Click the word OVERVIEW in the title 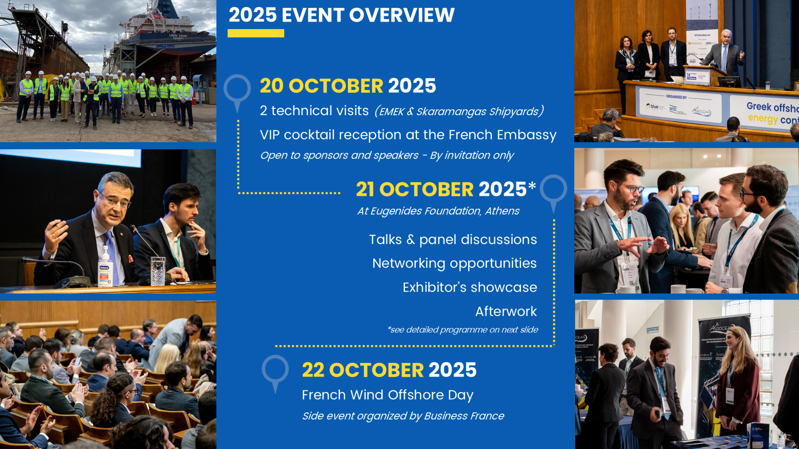pyautogui.click(x=402, y=15)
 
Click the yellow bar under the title pyautogui.click(x=256, y=33)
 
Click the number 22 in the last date pyautogui.click(x=313, y=370)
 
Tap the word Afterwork pyautogui.click(x=506, y=311)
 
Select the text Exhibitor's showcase pyautogui.click(x=470, y=287)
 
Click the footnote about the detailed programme pyautogui.click(x=463, y=330)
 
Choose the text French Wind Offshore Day pyautogui.click(x=387, y=395)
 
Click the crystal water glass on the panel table pyautogui.click(x=158, y=271)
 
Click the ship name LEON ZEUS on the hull pyautogui.click(x=178, y=36)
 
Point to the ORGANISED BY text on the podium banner pyautogui.click(x=676, y=97)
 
